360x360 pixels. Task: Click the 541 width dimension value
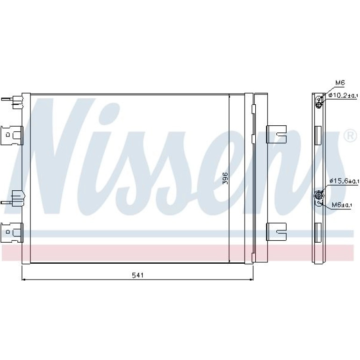pos(137,275)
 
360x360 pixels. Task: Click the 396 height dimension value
pos(225,178)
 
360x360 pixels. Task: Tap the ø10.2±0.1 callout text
pos(343,95)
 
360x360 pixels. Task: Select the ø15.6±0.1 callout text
pos(344,181)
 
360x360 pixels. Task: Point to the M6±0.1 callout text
pos(342,205)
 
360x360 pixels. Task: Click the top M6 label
pos(340,83)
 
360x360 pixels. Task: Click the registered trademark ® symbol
pos(350,136)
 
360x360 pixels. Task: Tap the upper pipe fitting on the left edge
pos(13,101)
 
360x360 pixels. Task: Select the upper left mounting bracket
pos(13,136)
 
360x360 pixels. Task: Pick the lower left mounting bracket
pos(13,232)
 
